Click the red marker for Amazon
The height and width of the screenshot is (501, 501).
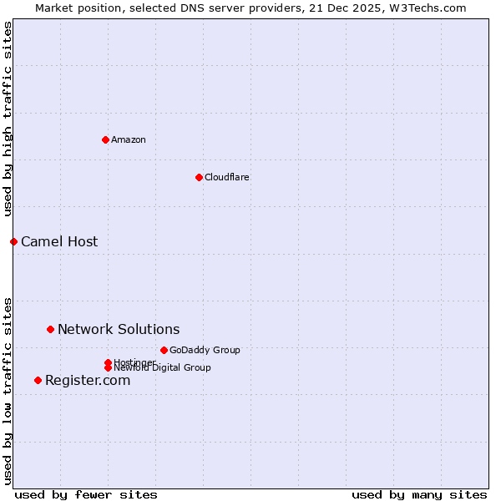click(x=105, y=139)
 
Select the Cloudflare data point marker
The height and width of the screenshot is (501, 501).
click(x=199, y=177)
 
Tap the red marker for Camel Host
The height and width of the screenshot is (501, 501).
click(x=13, y=241)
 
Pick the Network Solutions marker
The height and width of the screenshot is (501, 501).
click(x=50, y=329)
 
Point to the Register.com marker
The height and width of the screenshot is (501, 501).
click(x=38, y=380)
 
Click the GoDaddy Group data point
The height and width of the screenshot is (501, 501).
click(x=164, y=350)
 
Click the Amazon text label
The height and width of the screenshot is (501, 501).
click(x=129, y=139)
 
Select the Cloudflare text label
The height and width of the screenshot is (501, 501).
click(x=227, y=177)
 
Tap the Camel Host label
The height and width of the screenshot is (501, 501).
click(x=59, y=241)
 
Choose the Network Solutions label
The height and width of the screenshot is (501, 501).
click(x=119, y=329)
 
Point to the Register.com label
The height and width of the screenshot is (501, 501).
click(x=88, y=380)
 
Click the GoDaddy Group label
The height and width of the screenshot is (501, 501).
click(x=205, y=350)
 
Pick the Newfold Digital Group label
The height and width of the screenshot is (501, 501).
click(x=163, y=367)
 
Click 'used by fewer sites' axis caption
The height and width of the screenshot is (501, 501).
click(x=86, y=494)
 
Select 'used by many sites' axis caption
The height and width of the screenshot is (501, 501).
click(x=419, y=494)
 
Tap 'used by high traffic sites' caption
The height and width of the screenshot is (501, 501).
click(x=8, y=119)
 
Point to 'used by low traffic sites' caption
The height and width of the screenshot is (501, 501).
click(x=8, y=390)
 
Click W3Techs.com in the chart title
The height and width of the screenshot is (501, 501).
click(x=428, y=8)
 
